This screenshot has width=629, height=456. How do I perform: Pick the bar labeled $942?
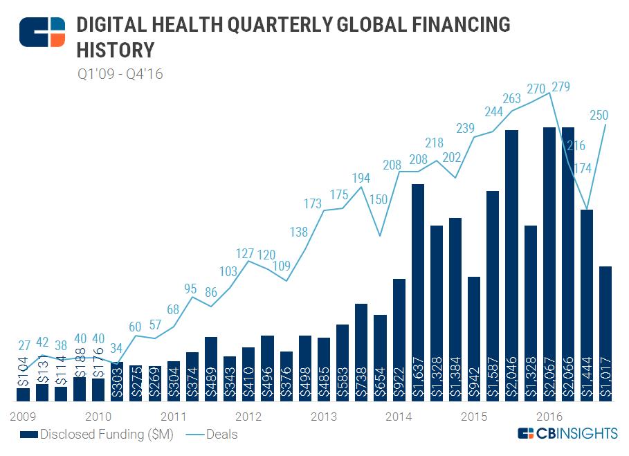coord(474,338)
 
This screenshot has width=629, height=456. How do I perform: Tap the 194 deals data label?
coord(360,179)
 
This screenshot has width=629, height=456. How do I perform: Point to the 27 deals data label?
coord(24,345)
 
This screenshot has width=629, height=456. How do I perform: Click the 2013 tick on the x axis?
coord(323,417)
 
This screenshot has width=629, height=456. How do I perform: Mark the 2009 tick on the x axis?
coord(22,417)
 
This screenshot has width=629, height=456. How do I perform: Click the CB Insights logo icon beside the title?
coord(42,31)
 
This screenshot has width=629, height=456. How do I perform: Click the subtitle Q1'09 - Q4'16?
coord(120,73)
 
